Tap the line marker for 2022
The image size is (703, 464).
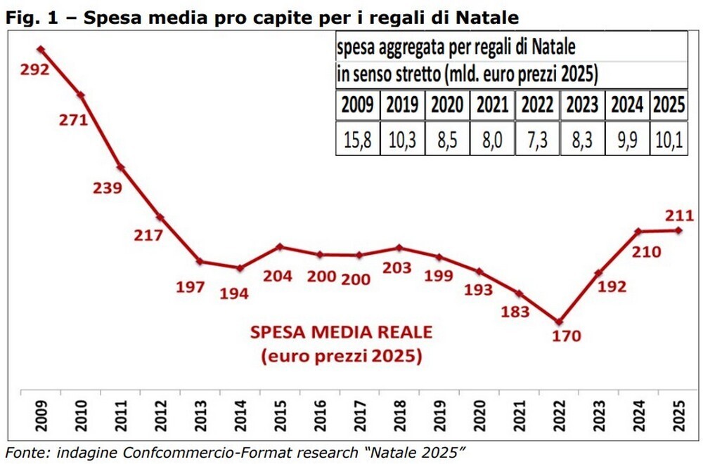point(559,322)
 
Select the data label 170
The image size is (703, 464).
point(567,336)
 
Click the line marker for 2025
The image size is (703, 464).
point(679,230)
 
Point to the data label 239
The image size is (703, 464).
point(108,187)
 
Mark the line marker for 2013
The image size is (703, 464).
point(200,261)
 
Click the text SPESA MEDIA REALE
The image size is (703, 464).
point(342,332)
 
